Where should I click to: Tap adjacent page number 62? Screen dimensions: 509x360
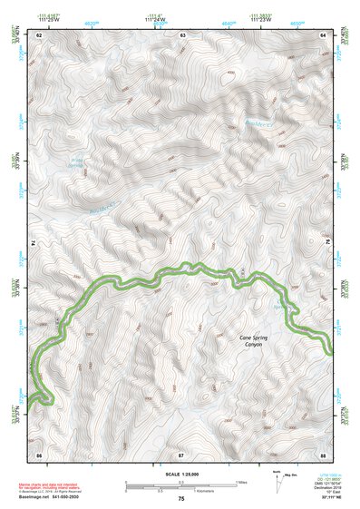click(x=39, y=34)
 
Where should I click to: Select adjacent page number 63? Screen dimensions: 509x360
click(x=182, y=34)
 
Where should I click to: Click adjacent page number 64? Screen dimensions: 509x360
click(x=324, y=34)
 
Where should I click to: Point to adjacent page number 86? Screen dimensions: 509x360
click(x=39, y=452)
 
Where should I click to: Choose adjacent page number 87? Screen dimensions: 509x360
click(x=181, y=452)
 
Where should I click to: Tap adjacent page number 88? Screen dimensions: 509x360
click(x=324, y=452)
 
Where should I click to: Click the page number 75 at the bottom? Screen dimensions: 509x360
click(x=181, y=498)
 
